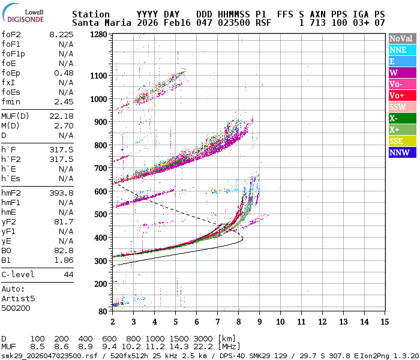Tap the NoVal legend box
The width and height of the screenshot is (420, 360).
[401, 38]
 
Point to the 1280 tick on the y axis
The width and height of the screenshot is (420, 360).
[98, 34]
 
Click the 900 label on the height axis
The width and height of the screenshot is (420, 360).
[101, 122]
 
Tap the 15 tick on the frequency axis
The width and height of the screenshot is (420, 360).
[385, 322]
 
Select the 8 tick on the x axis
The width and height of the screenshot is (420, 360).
[238, 322]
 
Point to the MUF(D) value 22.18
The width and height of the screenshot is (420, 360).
[61, 116]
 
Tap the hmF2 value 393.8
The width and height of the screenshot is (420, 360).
[61, 193]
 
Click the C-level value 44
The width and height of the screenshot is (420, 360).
[68, 274]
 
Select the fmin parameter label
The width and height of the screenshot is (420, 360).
[10, 101]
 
